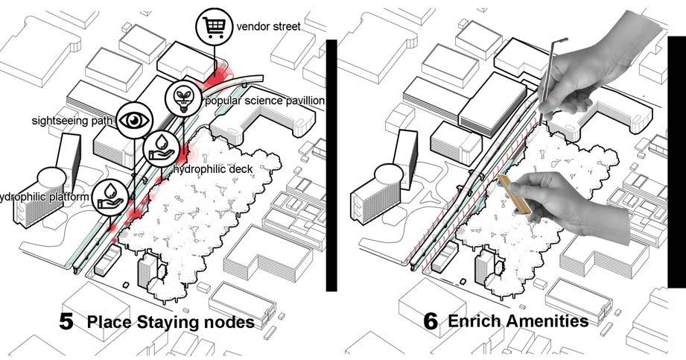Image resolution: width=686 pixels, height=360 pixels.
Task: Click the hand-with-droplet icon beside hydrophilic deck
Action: click(x=162, y=148)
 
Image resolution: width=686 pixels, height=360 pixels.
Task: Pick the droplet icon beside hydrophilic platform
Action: click(x=111, y=196)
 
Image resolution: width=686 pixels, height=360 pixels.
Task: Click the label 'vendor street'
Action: click(x=268, y=27)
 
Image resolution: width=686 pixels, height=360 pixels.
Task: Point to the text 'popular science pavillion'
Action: click(x=264, y=101)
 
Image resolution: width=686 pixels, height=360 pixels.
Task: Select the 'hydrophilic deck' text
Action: click(x=212, y=170)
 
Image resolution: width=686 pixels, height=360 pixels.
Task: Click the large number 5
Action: click(x=67, y=322)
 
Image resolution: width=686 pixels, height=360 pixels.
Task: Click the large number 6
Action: click(x=431, y=322)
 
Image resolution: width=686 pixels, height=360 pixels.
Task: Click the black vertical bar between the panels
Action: click(x=331, y=164)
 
